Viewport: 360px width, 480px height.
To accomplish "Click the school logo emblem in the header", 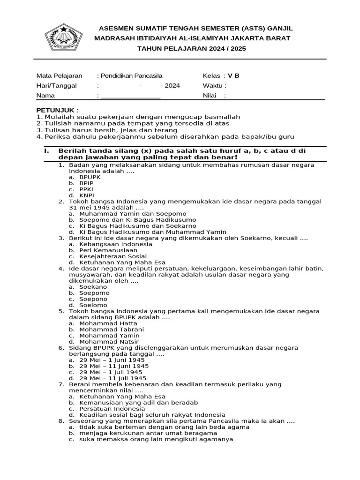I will point(63,37).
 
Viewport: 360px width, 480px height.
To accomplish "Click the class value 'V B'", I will point(233,76).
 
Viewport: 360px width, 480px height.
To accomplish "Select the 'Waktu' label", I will point(214,86).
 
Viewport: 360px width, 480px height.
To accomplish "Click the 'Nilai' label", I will point(210,96).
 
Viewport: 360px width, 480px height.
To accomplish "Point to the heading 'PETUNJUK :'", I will point(58,110).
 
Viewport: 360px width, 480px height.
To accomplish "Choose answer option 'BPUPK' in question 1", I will point(90,178).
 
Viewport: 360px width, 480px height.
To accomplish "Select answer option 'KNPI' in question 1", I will point(87,195).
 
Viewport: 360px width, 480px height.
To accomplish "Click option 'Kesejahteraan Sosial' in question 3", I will point(113,256).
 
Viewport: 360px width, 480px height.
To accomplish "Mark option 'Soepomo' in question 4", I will point(94,293).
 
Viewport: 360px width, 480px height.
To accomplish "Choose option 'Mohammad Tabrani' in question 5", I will point(112,330).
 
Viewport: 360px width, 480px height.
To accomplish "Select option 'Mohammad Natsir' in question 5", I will point(109,342).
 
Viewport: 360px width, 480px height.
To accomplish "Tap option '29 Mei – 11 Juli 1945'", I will point(113,378).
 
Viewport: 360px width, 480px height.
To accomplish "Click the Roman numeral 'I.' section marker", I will point(46,151).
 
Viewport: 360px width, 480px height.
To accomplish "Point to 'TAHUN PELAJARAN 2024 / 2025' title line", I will point(191,49).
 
